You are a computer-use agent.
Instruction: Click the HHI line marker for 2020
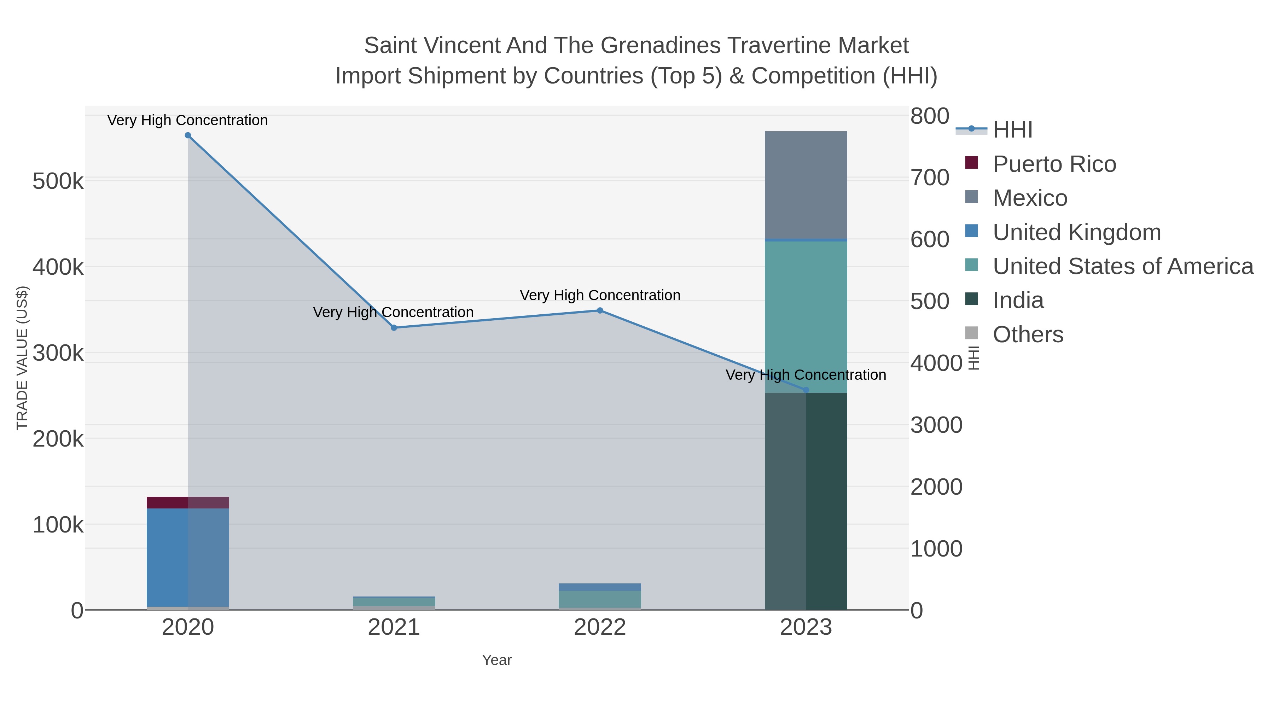click(188, 135)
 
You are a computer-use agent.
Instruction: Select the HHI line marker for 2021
click(394, 328)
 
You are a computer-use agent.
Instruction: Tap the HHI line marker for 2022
click(600, 311)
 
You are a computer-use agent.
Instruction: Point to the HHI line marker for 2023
click(806, 390)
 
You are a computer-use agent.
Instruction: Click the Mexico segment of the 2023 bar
click(806, 185)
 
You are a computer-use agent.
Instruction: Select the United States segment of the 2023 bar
click(806, 316)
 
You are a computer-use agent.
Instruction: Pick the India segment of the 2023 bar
click(806, 501)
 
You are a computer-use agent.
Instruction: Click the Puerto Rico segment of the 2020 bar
click(188, 502)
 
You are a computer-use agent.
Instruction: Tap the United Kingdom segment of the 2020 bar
click(188, 557)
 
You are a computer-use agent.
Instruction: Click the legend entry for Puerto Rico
click(1054, 164)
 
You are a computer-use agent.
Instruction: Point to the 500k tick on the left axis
click(58, 181)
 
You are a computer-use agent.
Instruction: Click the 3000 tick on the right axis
click(936, 425)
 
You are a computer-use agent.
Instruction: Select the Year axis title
click(497, 660)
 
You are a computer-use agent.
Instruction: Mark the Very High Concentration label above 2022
click(600, 296)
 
